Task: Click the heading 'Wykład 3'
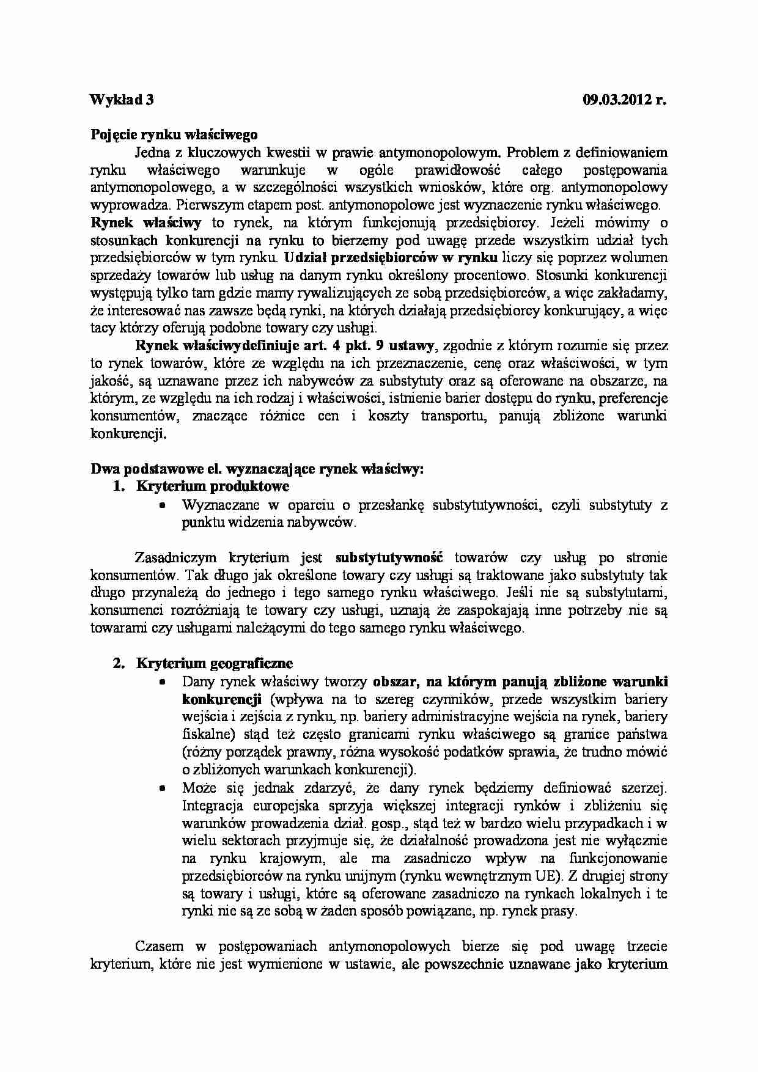122,100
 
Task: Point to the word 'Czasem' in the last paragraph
157,947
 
